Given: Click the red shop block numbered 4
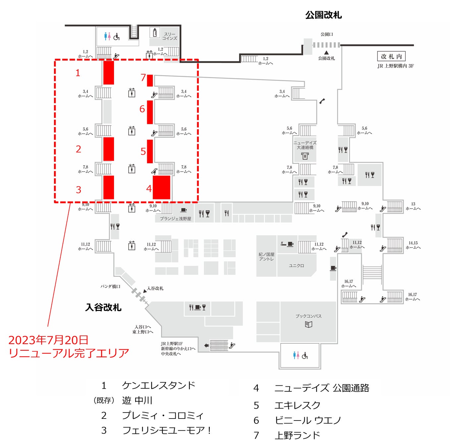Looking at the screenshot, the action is coord(161,187).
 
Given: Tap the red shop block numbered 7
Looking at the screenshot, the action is coord(150,80).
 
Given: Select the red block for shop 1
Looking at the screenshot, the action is coord(108,73).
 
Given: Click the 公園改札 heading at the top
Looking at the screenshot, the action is coord(323,15).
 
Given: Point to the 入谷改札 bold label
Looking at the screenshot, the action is coord(103,307).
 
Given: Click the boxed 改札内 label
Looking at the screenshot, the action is coord(391,56).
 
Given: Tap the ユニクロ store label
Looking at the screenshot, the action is coord(296,266).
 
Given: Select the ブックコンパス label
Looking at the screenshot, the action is coord(309,316).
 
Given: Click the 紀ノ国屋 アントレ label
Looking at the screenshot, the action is coord(266,257).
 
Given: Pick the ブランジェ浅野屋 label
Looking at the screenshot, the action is coord(175,219).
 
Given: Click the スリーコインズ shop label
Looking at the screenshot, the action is coord(169,36).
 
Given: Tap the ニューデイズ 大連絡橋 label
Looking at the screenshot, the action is coord(305,145).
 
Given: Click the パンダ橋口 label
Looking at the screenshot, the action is coord(110,286).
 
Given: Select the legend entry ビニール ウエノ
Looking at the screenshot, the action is coord(308,420).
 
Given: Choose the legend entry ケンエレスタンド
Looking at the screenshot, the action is coord(158,385).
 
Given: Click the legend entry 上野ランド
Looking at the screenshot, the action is coord(297,435).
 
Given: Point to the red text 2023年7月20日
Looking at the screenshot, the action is coord(48,340).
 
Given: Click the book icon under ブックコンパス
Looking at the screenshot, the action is coord(309,324).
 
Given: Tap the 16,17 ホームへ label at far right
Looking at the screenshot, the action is coord(412,297).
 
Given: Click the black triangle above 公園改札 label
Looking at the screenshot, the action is coord(326,52).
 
